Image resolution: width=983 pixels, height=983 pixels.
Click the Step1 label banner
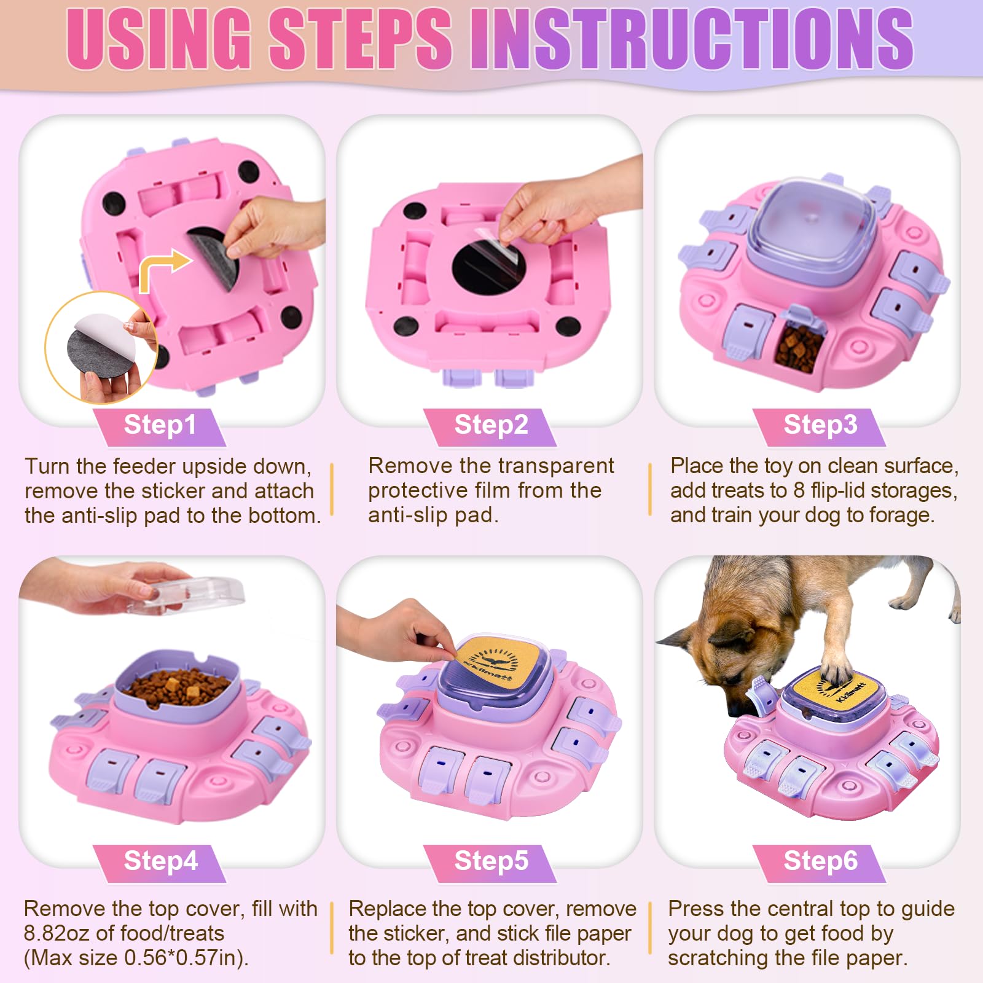(160, 425)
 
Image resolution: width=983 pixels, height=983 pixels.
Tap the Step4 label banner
(160, 861)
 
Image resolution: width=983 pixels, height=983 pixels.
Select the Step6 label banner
(820, 861)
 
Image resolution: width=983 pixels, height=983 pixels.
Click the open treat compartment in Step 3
(799, 347)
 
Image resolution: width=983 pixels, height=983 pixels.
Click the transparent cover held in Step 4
(190, 593)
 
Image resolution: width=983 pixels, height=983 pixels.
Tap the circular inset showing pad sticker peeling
(101, 347)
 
